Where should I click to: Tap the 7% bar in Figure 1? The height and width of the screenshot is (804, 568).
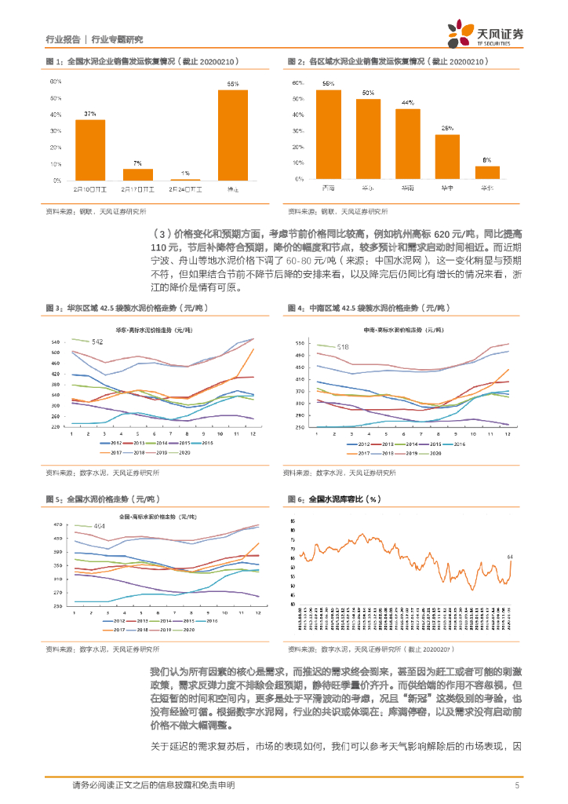[138, 174]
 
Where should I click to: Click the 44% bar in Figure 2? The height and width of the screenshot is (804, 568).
[408, 144]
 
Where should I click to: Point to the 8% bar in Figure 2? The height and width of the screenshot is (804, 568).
[487, 173]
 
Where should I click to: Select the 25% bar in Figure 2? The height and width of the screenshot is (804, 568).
[448, 157]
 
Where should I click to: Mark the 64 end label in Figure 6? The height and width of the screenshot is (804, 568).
[511, 557]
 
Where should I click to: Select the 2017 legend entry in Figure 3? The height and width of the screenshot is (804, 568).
[122, 453]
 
